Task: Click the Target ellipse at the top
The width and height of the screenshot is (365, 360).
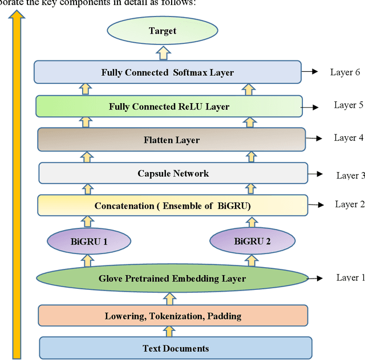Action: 163,31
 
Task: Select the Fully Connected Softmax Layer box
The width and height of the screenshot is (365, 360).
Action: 167,72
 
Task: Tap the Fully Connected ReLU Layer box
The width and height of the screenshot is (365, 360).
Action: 169,107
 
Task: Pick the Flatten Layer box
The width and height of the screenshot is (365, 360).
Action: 172,140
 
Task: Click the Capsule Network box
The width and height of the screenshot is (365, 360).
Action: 173,173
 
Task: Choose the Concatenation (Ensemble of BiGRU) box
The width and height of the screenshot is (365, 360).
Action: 172,206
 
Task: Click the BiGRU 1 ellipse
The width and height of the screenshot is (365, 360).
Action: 90,241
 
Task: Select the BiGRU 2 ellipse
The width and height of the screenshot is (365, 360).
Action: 252,241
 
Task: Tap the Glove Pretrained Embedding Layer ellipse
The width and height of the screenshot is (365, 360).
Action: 172,279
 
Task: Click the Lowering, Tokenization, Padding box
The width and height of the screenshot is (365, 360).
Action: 173,316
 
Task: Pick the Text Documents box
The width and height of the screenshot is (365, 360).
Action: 176,348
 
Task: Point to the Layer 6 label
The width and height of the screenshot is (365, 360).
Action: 345,72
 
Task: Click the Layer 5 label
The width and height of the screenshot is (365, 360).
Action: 348,105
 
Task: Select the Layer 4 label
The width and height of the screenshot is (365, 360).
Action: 348,138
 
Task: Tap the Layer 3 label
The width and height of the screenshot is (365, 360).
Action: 350,175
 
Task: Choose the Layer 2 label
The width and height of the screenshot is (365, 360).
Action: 350,204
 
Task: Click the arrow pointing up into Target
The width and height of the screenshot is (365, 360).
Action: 163,52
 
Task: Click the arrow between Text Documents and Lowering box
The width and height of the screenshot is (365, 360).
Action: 169,331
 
